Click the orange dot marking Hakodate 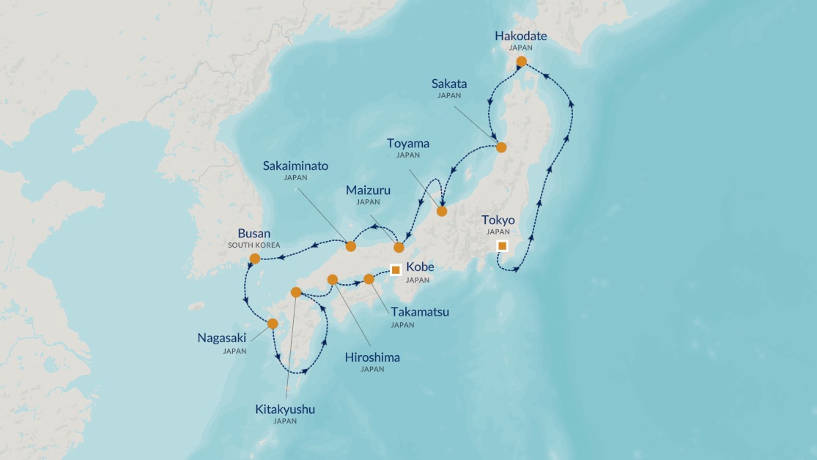pyautogui.click(x=521, y=62)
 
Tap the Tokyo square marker pyautogui.click(x=502, y=246)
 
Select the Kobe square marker pyautogui.click(x=396, y=270)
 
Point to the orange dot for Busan pyautogui.click(x=254, y=259)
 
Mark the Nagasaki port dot pyautogui.click(x=273, y=324)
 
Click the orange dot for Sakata pyautogui.click(x=501, y=147)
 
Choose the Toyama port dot pyautogui.click(x=441, y=211)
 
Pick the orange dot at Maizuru pyautogui.click(x=399, y=247)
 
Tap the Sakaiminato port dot pyautogui.click(x=351, y=246)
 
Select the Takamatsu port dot pyautogui.click(x=369, y=279)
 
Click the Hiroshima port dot pyautogui.click(x=332, y=279)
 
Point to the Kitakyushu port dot pyautogui.click(x=296, y=292)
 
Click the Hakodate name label pyautogui.click(x=520, y=36)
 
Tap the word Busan pyautogui.click(x=254, y=233)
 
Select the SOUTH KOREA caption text pyautogui.click(x=254, y=245)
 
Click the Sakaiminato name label pyautogui.click(x=295, y=166)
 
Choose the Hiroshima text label pyautogui.click(x=372, y=357)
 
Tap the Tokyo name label pyautogui.click(x=498, y=220)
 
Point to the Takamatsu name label pyautogui.click(x=420, y=312)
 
